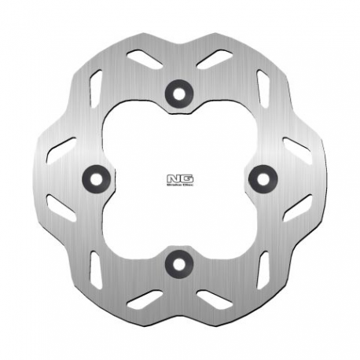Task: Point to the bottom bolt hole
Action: point(180,262)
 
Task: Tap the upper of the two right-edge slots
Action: point(297,149)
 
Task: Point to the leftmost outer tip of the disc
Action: point(37,179)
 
